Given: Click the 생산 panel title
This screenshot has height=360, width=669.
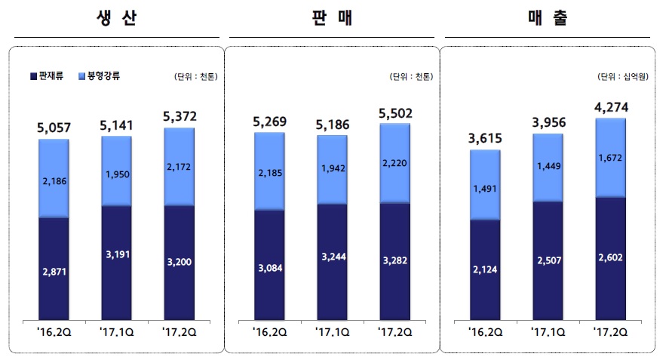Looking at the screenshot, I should point(117,19).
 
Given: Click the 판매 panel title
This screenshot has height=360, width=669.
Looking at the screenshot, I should point(332,19).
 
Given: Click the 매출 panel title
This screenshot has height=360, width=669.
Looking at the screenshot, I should point(548,19).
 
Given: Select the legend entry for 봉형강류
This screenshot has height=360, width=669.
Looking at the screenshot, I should point(100,76).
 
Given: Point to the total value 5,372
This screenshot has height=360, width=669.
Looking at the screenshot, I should point(180,115).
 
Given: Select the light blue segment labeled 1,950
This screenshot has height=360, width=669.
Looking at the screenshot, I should point(117,172).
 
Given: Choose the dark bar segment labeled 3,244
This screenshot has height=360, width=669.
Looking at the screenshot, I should point(333,257).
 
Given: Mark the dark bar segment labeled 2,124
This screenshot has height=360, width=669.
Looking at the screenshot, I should point(485,268).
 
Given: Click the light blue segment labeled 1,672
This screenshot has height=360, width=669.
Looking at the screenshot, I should point(611,158).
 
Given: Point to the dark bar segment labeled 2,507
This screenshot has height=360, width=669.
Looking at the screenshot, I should point(548,259).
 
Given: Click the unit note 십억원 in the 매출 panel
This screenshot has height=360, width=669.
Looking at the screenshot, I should point(628,76).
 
